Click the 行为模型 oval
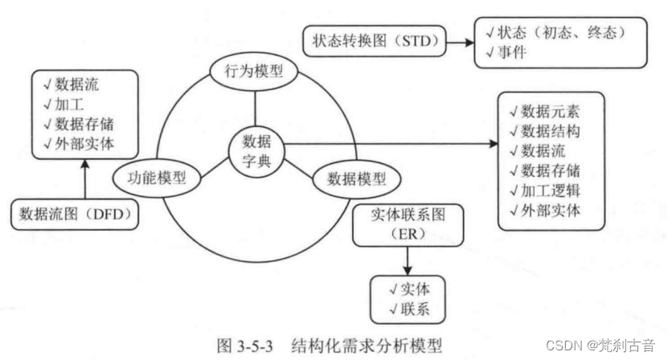255,72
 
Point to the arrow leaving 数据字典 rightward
386,145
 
